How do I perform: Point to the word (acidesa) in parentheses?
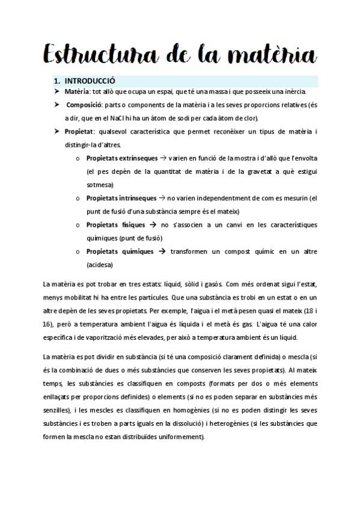[100, 265]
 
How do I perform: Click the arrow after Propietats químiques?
[162, 251]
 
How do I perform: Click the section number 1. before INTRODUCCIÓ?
[58, 81]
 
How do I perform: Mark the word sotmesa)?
[100, 184]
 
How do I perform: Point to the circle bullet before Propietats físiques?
[78, 225]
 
